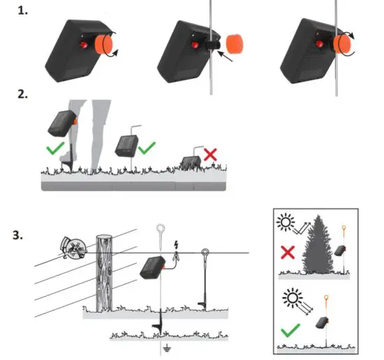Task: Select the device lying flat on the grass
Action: click(x=189, y=162)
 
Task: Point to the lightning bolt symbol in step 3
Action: click(x=176, y=246)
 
